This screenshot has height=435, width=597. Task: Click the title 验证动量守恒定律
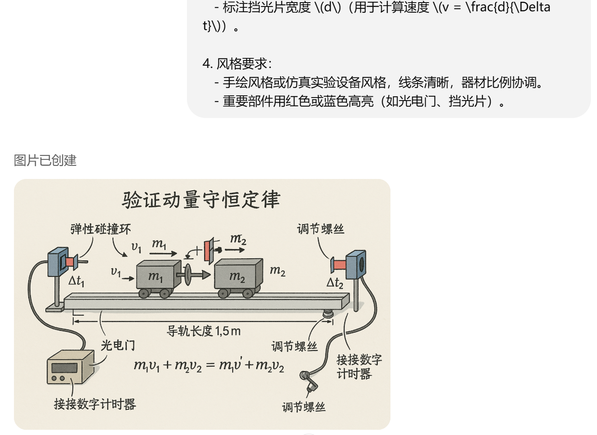201,200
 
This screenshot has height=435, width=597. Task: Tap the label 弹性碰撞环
101,229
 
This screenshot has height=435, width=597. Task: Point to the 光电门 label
118,345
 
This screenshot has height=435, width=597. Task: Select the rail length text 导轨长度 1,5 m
204,331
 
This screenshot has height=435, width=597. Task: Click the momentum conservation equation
209,365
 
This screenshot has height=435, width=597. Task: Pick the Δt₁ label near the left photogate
76,281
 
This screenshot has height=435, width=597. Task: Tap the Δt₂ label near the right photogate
335,283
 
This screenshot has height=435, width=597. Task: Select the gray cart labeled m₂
238,276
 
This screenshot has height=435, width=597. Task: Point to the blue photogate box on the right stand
356,264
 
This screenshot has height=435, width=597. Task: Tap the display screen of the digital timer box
64,368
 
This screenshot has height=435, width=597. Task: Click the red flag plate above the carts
208,251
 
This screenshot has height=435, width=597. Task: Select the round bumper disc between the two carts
188,274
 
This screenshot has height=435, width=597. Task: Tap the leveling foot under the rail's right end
328,313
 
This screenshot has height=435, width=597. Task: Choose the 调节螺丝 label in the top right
321,229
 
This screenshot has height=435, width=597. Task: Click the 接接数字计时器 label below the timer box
95,404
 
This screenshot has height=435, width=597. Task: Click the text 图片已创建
45,160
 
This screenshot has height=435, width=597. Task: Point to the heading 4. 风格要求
237,64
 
